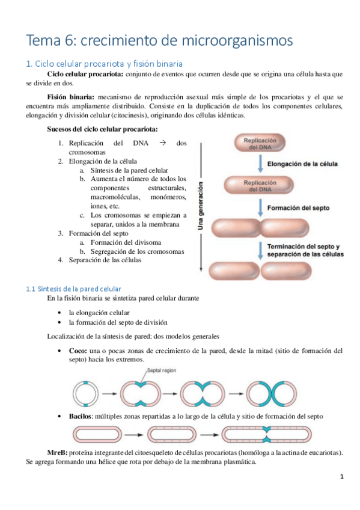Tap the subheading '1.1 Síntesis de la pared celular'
pos(73,289)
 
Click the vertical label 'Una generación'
pos(201,206)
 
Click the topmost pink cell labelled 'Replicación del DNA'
pos(259,143)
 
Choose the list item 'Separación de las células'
pos(105,260)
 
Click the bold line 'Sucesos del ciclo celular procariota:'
pos(103,129)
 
